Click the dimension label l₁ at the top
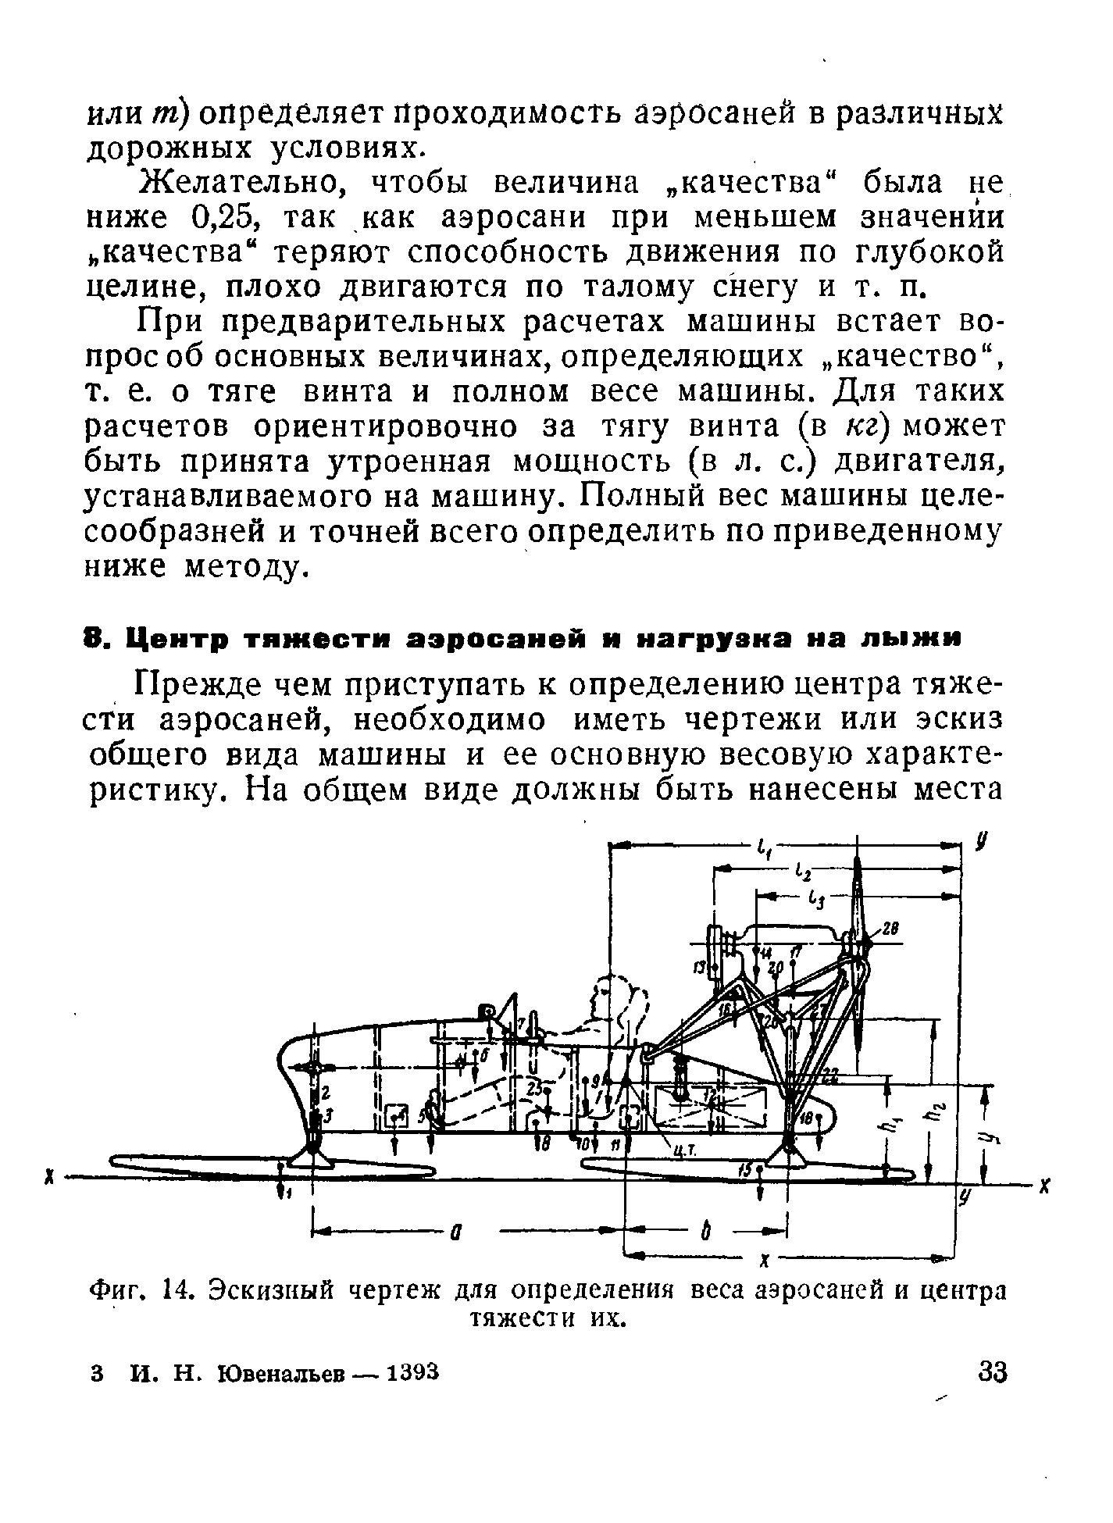coord(763,847)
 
